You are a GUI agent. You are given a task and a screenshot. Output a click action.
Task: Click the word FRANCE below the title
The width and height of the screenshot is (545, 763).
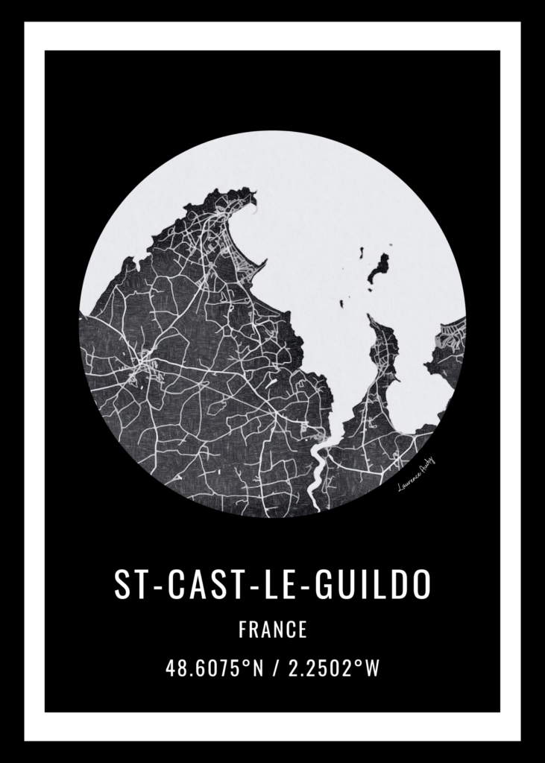[x=273, y=630]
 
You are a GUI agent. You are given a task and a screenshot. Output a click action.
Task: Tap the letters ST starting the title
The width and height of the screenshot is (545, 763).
[x=128, y=586]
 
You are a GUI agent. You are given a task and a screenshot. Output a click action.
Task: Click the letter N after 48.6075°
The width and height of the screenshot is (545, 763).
[x=258, y=668]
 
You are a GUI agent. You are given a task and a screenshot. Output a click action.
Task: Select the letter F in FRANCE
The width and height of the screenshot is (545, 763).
[x=243, y=630]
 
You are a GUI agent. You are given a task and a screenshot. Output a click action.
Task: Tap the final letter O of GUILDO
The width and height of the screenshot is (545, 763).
[x=420, y=586]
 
